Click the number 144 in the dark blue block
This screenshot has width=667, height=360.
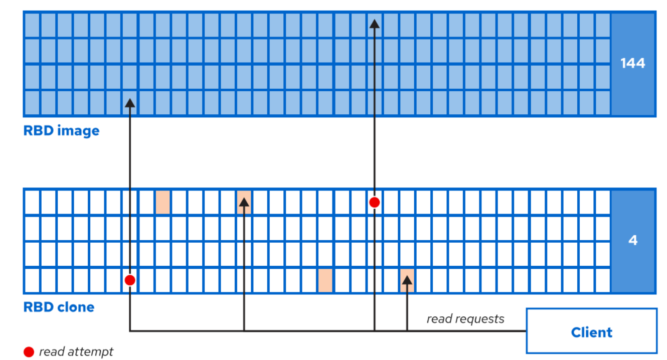pyautogui.click(x=632, y=64)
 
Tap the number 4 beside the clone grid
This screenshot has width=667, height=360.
pyautogui.click(x=632, y=241)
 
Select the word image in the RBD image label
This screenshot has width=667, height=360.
pyautogui.click(x=78, y=131)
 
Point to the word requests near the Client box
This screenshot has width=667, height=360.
pyautogui.click(x=481, y=319)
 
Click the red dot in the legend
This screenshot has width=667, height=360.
pyautogui.click(x=29, y=352)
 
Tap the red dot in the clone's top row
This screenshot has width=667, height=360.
pyautogui.click(x=374, y=203)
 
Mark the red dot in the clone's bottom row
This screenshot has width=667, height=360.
pyautogui.click(x=130, y=280)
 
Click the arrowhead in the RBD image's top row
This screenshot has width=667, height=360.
pyautogui.click(x=374, y=23)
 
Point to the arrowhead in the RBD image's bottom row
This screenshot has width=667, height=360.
pyautogui.click(x=130, y=103)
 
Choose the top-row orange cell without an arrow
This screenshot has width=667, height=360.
pyautogui.click(x=162, y=203)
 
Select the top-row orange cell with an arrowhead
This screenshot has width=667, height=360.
pyautogui.click(x=244, y=202)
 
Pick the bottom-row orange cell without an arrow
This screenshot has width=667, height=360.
pyautogui.click(x=325, y=280)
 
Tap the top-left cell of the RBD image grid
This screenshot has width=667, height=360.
pyautogui.click(x=32, y=24)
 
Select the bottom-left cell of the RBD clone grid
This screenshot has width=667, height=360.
pyautogui.click(x=32, y=280)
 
